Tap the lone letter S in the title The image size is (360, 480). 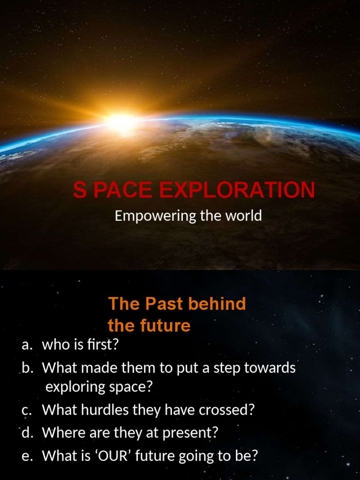[x=80, y=191]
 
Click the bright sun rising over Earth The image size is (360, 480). [x=121, y=121]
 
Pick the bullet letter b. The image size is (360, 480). [x=27, y=368]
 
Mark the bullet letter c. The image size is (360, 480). [x=27, y=410]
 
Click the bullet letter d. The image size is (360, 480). [x=27, y=433]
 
